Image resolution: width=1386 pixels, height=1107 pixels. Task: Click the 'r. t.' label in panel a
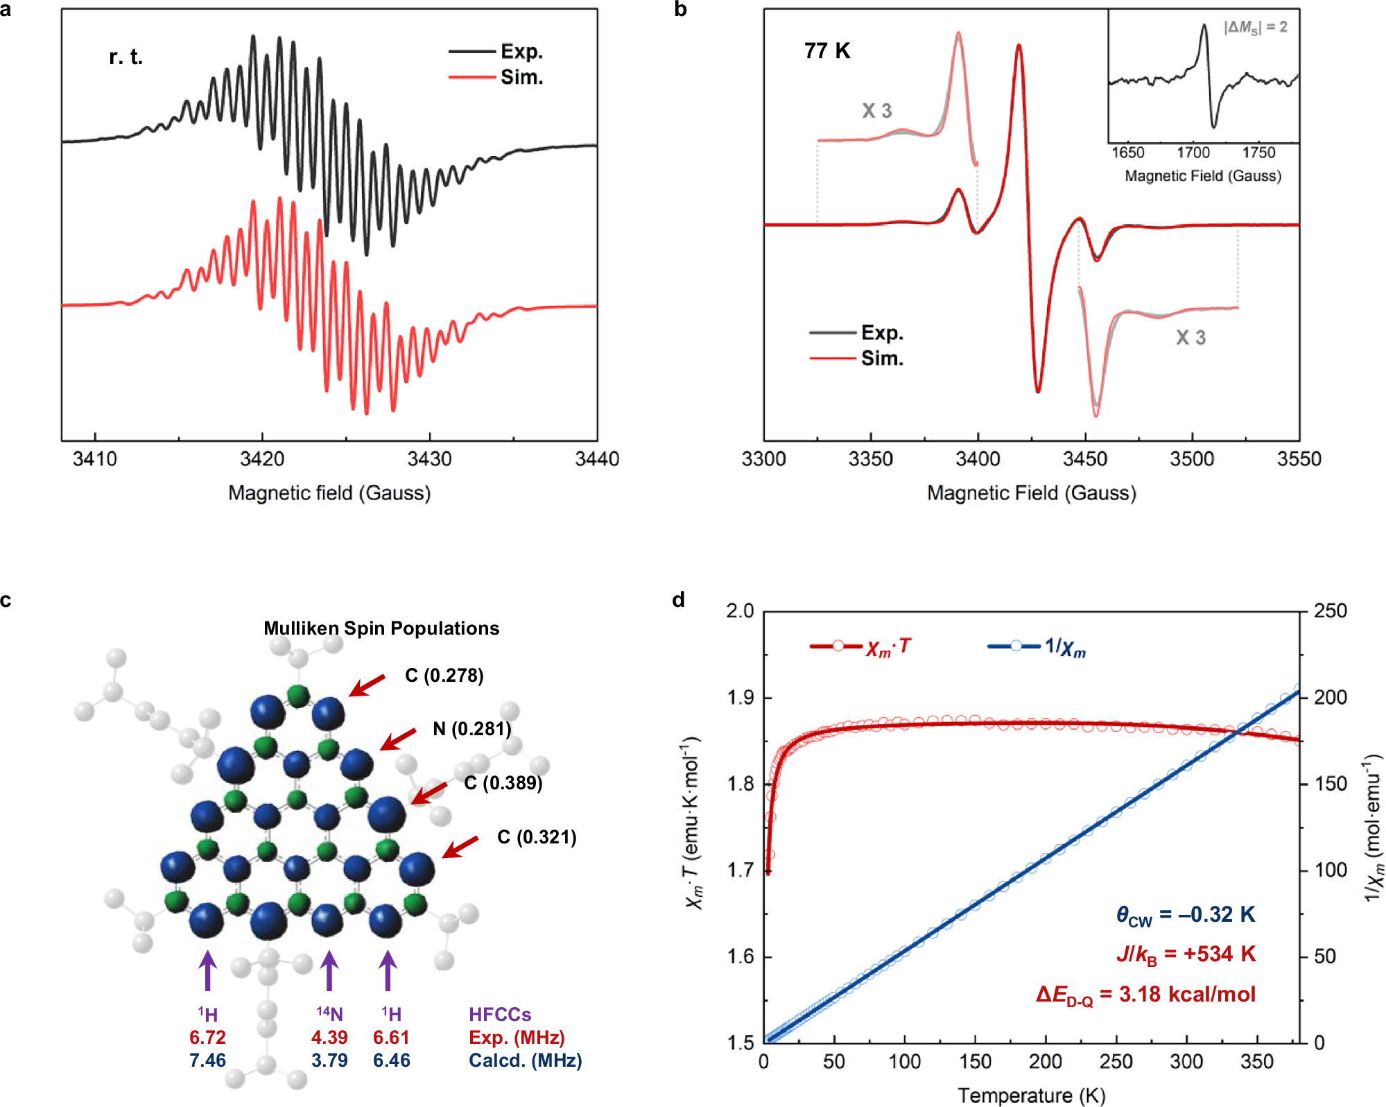pos(125,57)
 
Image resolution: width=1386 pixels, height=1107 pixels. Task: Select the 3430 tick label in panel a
pos(429,459)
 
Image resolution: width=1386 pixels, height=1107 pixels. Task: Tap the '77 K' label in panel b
pos(827,51)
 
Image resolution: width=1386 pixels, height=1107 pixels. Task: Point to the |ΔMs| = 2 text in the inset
pos(1255,27)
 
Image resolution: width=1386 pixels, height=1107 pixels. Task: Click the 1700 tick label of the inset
pos(1193,153)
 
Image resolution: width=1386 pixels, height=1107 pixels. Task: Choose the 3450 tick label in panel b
pos(1084,459)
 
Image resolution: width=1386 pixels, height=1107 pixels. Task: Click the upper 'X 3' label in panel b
pos(876,111)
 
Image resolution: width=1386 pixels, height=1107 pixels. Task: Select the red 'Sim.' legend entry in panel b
pos(881,359)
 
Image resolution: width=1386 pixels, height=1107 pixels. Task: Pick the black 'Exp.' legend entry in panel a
pos(521,52)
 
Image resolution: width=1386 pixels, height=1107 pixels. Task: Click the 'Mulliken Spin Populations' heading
pos(381,628)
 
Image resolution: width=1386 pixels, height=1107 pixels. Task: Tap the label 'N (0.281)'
pos(471,729)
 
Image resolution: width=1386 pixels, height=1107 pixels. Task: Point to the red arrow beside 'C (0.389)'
pos(429,793)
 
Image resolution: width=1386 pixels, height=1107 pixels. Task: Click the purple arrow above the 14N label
pos(329,970)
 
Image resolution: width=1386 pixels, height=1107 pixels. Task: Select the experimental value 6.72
pos(207,1038)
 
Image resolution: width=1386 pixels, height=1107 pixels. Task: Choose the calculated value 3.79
pos(329,1061)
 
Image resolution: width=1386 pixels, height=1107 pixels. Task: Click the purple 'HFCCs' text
pos(500,1015)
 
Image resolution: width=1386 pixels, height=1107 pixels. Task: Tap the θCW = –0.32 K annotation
pos(1185,916)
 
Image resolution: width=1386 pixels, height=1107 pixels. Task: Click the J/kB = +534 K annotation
pos(1186,955)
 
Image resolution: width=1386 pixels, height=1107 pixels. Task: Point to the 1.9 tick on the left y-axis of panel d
pos(740,698)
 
